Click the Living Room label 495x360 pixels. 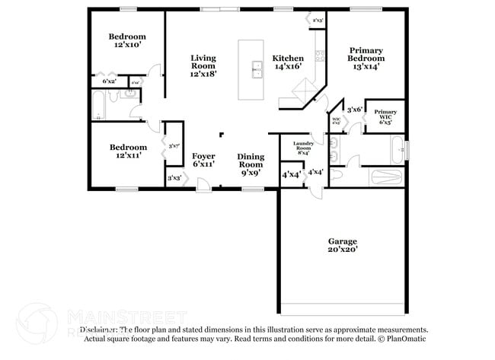click(203, 66)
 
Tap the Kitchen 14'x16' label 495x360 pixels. click(289, 62)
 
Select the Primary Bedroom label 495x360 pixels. click(366, 59)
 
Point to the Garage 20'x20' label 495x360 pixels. click(342, 245)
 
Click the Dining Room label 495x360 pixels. click(251, 164)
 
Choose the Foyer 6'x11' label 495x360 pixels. click(203, 160)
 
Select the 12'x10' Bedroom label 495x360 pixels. click(126, 41)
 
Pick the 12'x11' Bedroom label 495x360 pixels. click(126, 151)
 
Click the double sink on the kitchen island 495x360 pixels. click(256, 71)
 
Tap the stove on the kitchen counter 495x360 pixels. click(321, 55)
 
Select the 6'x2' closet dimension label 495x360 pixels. click(110, 81)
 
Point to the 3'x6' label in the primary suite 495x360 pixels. click(354, 110)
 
